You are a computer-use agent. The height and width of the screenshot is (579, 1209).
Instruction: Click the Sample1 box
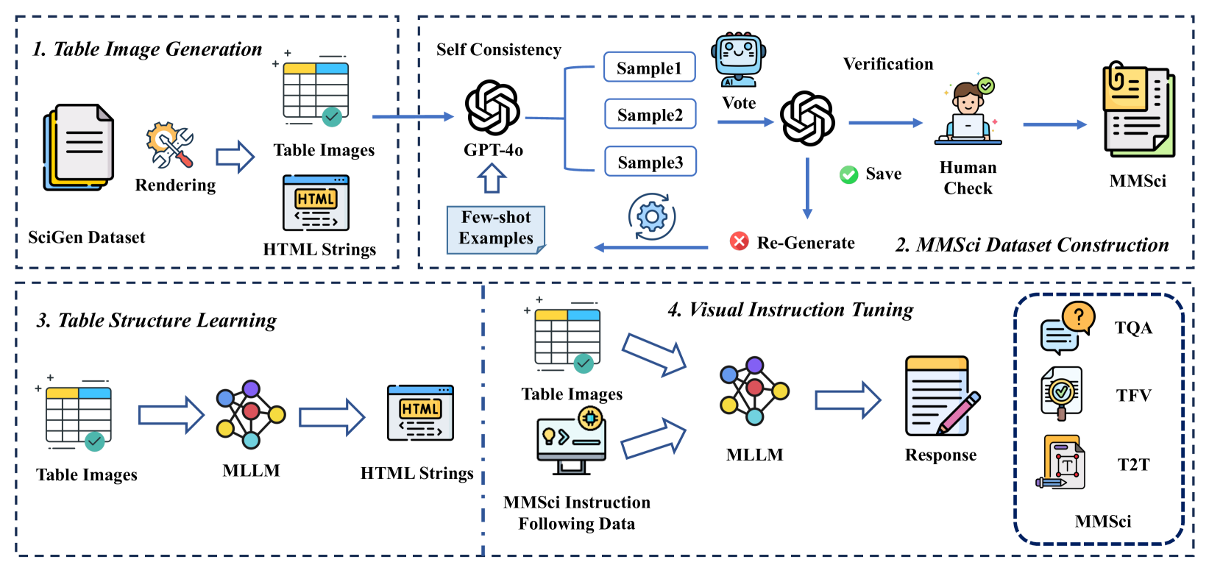coord(650,68)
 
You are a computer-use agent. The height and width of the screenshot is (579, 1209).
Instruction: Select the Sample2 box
coord(650,115)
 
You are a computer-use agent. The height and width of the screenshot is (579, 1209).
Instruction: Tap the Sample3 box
coord(650,162)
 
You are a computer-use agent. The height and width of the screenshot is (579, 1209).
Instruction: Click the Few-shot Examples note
coord(496,229)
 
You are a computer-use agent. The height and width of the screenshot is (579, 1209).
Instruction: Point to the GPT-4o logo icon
coord(492,108)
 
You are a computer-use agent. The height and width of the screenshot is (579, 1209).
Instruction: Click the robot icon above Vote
coord(739,60)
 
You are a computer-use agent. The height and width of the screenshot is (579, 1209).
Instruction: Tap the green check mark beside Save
coord(848,174)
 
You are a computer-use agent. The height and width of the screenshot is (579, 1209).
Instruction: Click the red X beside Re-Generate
coord(739,241)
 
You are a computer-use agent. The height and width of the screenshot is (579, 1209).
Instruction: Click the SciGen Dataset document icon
coord(79,146)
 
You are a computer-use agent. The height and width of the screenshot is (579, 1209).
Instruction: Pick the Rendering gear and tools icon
coord(170,145)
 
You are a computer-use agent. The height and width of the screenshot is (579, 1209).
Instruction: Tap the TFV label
coord(1133,396)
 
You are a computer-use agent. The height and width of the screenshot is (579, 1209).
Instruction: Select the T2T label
coord(1133,465)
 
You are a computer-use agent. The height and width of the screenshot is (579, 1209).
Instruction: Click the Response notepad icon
coord(941,397)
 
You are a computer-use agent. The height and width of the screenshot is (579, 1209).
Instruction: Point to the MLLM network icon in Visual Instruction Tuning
coord(754,391)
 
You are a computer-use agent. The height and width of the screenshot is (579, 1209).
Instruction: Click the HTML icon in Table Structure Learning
coord(420,413)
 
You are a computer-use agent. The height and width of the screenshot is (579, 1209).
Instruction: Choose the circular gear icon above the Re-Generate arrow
coord(652,216)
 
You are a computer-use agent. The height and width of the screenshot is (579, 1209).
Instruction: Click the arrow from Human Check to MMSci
coord(1054,124)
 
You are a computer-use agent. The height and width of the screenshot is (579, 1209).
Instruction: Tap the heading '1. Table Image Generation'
coord(147,49)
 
